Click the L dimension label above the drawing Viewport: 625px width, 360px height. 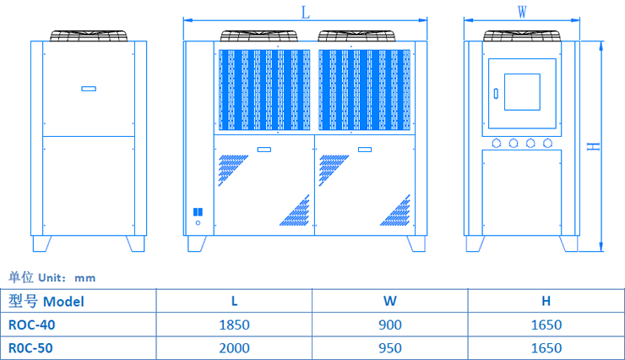point(305,12)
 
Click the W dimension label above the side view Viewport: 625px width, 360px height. point(522,12)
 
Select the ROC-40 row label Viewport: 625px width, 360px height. point(26,325)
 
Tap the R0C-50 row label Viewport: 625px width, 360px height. point(26,347)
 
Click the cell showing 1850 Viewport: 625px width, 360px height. point(234,325)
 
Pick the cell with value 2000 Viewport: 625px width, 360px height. point(234,347)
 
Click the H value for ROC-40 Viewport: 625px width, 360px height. point(546,325)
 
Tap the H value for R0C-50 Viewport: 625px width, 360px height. point(546,347)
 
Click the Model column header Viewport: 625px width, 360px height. point(46,301)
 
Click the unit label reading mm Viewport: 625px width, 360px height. point(84,277)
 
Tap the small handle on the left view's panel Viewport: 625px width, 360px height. point(89,88)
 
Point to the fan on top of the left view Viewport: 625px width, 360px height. point(89,36)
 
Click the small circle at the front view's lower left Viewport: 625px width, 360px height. point(198,224)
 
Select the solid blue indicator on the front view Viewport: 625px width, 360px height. point(198,212)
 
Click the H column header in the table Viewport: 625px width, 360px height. point(546,301)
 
